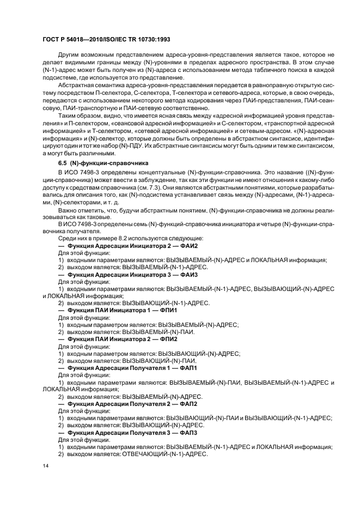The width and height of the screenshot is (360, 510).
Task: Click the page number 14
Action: click(x=45, y=467)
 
